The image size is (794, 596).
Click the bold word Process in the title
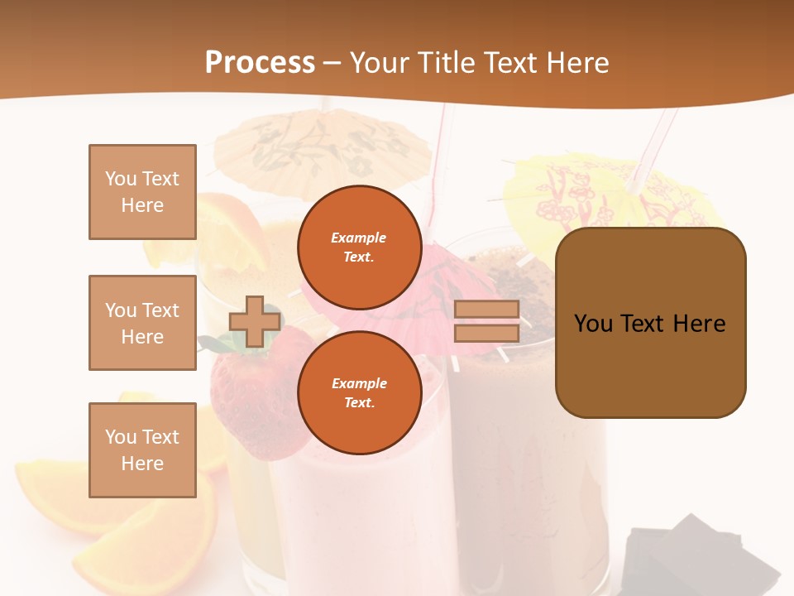click(x=260, y=63)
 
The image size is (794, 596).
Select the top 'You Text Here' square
click(x=142, y=192)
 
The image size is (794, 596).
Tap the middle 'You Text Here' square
click(x=142, y=323)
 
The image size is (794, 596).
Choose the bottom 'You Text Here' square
click(x=142, y=450)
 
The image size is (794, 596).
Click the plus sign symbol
click(x=255, y=321)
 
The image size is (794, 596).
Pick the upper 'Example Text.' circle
click(x=359, y=247)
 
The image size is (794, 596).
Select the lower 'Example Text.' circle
click(x=359, y=392)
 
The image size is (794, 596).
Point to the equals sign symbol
click(x=486, y=321)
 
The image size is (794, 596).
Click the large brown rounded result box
click(x=650, y=323)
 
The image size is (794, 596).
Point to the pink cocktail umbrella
click(x=447, y=286)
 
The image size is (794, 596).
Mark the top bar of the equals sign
click(x=486, y=309)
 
